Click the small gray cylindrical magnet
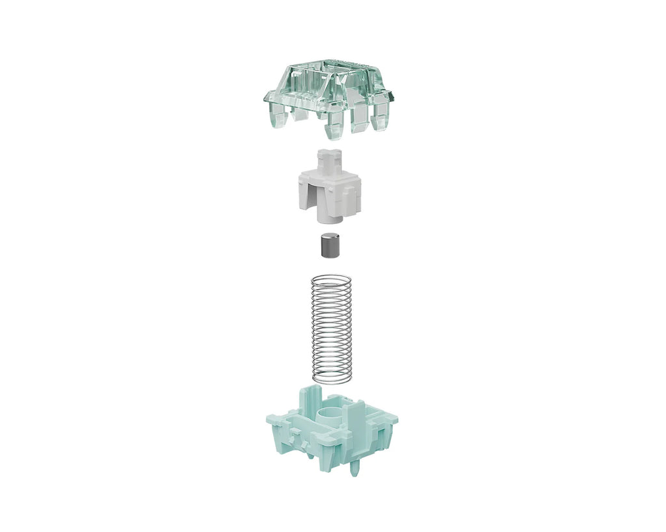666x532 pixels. coord(332,246)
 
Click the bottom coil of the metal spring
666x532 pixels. coord(332,378)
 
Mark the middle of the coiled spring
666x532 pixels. coord(332,328)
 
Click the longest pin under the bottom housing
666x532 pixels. coord(354,466)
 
